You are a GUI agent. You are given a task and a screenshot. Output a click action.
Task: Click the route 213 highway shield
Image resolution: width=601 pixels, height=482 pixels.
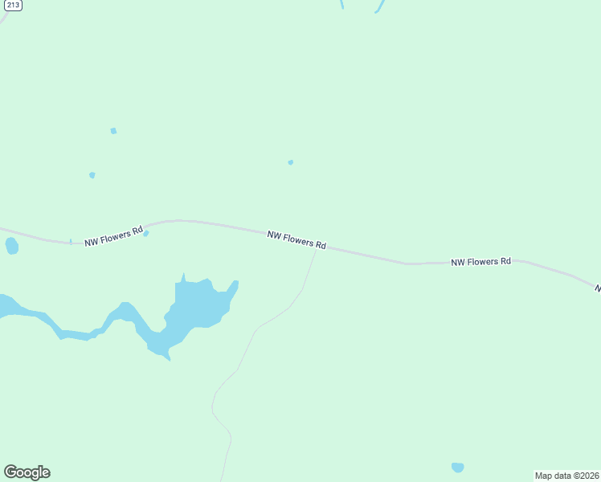pos(14,5)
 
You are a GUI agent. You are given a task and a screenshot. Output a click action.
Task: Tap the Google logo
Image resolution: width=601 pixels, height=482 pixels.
pos(27,472)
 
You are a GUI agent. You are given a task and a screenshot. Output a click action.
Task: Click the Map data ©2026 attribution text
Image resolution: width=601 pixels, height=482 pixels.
pos(566,476)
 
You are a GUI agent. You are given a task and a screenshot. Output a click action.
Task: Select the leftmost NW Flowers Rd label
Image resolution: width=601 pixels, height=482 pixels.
pos(113,235)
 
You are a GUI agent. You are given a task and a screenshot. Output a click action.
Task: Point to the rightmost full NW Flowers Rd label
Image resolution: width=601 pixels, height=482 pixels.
pos(480,262)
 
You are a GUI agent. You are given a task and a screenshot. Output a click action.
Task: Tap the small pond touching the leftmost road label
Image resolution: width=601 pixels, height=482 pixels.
pos(145,234)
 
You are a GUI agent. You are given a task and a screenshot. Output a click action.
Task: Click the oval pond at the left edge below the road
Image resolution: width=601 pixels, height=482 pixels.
pos(11,245)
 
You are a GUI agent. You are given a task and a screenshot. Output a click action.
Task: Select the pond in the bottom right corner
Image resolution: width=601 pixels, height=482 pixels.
pos(457,467)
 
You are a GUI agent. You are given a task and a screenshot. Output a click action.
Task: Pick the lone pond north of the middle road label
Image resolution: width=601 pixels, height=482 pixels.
pos(290,162)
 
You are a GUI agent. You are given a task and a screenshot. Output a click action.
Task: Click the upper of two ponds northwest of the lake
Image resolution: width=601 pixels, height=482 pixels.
pos(113,130)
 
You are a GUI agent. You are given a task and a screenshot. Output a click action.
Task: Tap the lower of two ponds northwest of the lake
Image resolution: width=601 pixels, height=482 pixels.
pos(92,174)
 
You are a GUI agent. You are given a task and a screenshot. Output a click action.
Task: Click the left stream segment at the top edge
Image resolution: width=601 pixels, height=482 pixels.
pos(342,4)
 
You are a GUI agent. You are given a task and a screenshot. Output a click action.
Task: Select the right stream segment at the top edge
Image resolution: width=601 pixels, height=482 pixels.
pos(379,6)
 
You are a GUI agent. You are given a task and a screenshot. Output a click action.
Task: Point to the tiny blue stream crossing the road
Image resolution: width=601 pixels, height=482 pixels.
pos(71,241)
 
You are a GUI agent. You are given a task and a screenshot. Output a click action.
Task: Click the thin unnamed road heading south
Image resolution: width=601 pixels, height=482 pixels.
pos(241,361)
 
